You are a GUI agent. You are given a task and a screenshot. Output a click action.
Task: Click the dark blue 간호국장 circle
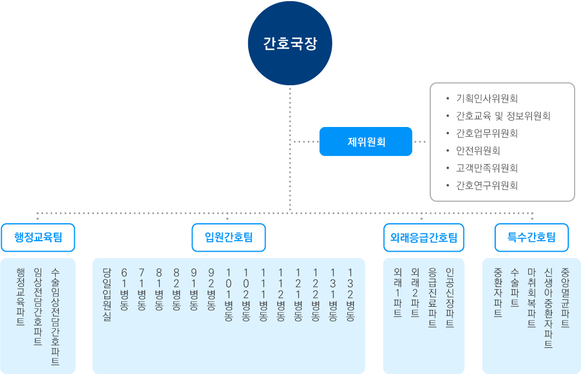pyautogui.click(x=290, y=44)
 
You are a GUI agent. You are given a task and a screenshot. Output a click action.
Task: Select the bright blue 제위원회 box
pyautogui.click(x=366, y=141)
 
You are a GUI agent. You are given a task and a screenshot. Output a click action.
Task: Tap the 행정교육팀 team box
pyautogui.click(x=38, y=237)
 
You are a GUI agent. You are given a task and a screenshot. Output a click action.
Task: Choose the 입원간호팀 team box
pyautogui.click(x=228, y=237)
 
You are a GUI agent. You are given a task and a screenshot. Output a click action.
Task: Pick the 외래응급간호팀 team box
pyautogui.click(x=424, y=237)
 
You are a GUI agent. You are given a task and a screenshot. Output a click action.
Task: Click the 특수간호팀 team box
pyautogui.click(x=531, y=237)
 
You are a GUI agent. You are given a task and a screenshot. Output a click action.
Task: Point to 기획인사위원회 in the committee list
pyautogui.click(x=486, y=98)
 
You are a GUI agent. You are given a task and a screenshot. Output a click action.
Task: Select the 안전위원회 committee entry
pyautogui.click(x=478, y=150)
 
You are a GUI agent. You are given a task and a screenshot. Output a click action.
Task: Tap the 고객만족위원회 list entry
pyautogui.click(x=486, y=168)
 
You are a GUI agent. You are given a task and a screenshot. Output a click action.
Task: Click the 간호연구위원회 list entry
pyautogui.click(x=486, y=186)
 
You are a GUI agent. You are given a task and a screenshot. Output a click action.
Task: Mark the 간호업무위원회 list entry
pyautogui.click(x=486, y=133)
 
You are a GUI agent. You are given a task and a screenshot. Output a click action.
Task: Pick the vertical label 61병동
pyautogui.click(x=124, y=289)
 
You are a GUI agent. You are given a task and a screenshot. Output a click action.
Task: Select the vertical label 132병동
pyautogui.click(x=350, y=295)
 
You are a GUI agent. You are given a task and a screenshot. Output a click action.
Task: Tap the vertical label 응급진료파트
pyautogui.click(x=432, y=298)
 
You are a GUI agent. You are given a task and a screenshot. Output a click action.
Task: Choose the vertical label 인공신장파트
pyautogui.click(x=449, y=298)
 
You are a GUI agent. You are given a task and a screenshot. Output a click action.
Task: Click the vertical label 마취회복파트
pyautogui.click(x=531, y=298)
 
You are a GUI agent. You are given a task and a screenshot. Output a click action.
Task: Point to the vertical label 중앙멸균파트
pyautogui.click(x=565, y=298)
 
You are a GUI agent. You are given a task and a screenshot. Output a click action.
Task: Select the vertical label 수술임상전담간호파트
pyautogui.click(x=56, y=316)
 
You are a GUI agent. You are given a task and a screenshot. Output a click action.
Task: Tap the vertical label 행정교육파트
pyautogui.click(x=21, y=297)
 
